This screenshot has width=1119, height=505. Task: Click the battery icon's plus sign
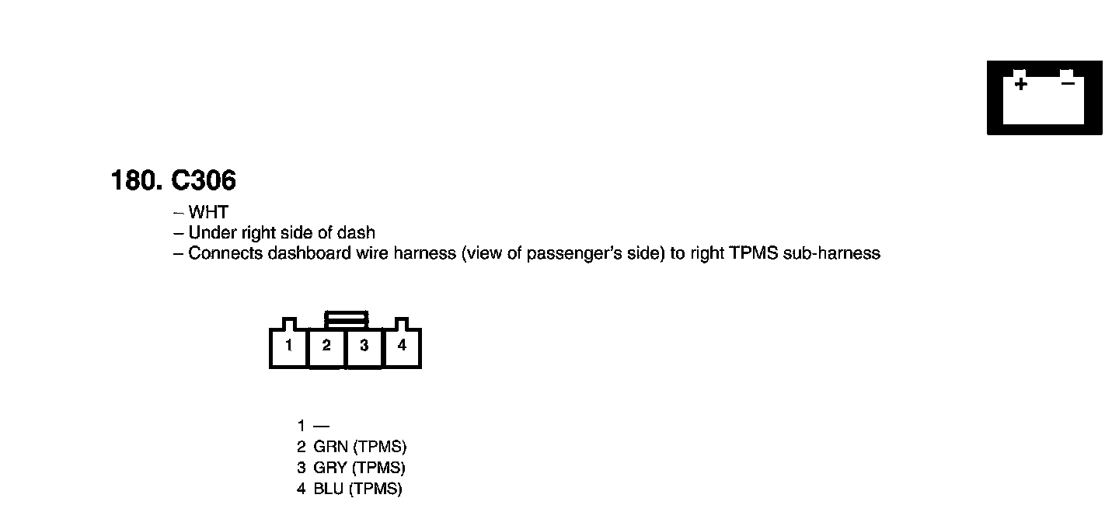click(x=1020, y=84)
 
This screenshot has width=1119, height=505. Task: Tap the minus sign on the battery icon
click(x=1068, y=82)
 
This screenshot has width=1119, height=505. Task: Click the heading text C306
click(x=204, y=181)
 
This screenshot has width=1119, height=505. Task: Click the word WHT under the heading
click(x=208, y=212)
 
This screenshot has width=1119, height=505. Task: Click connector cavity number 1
click(x=288, y=346)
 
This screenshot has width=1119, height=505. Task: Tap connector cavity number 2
click(x=326, y=346)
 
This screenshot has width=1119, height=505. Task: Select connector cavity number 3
click(x=364, y=346)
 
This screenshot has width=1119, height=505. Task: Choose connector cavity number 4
click(x=402, y=346)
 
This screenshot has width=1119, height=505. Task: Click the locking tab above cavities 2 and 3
click(x=346, y=319)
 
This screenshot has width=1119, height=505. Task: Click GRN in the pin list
click(x=329, y=447)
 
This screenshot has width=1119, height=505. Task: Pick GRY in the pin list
click(x=329, y=468)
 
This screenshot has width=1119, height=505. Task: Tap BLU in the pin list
click(x=328, y=489)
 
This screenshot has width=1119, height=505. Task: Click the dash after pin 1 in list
click(x=321, y=426)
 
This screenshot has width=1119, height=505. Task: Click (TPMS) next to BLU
click(x=375, y=489)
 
